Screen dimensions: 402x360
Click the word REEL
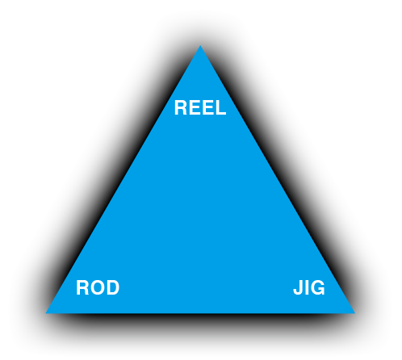200,107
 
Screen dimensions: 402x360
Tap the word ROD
98,287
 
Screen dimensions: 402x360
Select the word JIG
309,287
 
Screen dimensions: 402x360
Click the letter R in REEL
182,107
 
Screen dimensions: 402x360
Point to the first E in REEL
195,107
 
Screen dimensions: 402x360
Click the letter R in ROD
83,287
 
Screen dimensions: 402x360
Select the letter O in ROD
98,287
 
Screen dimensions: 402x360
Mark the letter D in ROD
113,287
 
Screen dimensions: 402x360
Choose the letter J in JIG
298,287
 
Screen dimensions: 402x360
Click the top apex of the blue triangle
200,45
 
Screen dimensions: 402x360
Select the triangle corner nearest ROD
46,313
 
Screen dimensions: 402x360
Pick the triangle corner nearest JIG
354,313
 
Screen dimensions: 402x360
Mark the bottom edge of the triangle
200,313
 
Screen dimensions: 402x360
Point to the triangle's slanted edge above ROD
123,179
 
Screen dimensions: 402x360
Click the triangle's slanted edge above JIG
278,179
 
